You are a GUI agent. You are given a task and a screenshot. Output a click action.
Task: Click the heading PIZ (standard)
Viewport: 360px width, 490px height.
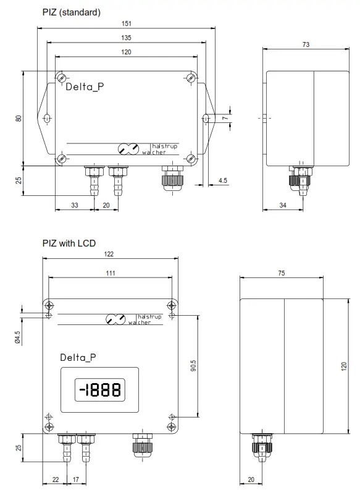71,12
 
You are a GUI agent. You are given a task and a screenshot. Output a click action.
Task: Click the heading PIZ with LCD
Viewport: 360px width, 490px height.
69,243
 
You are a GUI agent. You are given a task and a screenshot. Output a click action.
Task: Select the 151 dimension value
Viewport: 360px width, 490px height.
127,23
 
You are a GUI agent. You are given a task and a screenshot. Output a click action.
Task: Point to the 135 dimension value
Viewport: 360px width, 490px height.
127,38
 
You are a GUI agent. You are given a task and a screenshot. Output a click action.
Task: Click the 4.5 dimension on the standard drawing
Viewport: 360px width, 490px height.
222,180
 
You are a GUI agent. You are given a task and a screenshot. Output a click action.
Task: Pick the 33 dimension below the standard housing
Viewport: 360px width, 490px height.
74,205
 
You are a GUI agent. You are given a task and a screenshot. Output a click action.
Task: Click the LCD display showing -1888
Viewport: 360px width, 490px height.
98,390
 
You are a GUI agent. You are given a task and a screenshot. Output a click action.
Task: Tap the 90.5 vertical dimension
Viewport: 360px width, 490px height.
193,366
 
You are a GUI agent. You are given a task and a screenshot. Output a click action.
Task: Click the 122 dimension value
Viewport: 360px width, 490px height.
110,255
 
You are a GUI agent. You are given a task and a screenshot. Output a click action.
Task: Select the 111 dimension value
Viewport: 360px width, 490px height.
110,273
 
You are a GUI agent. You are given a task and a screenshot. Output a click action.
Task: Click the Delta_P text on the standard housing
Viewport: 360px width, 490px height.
85,87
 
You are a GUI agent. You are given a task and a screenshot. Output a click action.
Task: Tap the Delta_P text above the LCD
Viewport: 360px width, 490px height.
78,357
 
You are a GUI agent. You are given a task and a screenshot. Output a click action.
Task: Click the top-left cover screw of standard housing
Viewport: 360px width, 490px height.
62,78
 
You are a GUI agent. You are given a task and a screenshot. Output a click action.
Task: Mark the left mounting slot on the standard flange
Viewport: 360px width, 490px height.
48,117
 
